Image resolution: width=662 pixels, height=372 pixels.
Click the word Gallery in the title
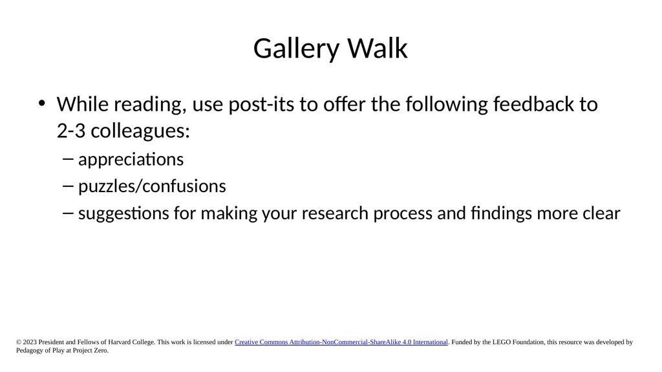point(296,49)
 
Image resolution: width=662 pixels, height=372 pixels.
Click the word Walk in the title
point(378,48)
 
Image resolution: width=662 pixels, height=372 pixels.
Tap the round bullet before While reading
point(41,104)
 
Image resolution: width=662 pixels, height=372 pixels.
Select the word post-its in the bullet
point(261,105)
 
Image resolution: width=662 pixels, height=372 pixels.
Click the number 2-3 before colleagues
point(71,131)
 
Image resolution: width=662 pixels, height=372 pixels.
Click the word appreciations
point(131,160)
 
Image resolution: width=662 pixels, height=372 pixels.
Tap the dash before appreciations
point(67,160)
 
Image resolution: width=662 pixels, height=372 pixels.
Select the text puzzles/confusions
point(152,186)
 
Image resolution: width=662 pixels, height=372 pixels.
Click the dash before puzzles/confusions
point(67,186)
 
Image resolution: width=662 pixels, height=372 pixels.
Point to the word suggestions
point(123,213)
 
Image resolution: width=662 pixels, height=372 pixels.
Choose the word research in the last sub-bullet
point(335,213)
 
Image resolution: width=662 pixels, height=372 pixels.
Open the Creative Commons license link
point(341,342)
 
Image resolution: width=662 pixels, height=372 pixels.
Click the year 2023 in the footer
point(30,342)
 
